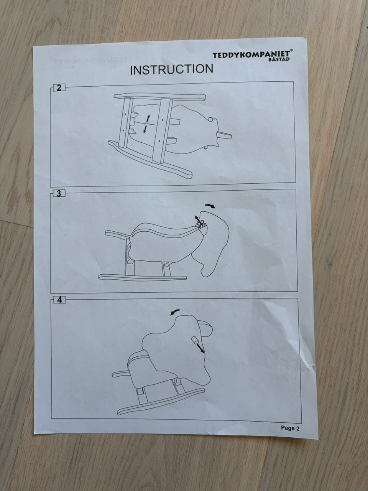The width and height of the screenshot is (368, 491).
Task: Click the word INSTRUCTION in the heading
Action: click(x=172, y=69)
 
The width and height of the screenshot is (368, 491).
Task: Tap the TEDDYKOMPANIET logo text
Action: click(x=251, y=54)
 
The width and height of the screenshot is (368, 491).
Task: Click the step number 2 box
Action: click(x=59, y=88)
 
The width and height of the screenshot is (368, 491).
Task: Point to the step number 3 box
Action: click(x=59, y=193)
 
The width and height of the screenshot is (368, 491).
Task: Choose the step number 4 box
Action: click(x=60, y=300)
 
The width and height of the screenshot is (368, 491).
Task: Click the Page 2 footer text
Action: click(x=290, y=428)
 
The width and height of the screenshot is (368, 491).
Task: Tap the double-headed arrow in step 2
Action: click(x=146, y=124)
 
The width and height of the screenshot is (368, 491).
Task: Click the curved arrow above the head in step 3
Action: click(x=210, y=206)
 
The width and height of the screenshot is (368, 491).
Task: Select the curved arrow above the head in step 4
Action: click(x=175, y=312)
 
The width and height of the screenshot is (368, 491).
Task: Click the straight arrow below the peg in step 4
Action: click(x=200, y=349)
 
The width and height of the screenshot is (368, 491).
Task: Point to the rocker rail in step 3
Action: click(x=143, y=277)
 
